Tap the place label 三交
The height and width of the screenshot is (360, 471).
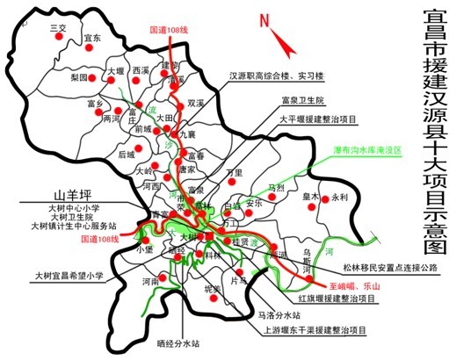59,28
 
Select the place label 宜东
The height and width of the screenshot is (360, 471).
93,38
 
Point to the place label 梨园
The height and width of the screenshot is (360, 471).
78,77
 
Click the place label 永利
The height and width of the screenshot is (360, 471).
340,198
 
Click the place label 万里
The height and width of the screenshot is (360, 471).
234,173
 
